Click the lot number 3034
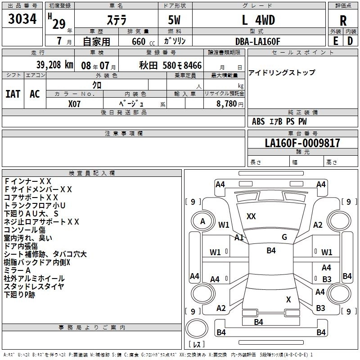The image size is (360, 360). pos(22,20)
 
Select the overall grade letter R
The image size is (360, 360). pos(343,21)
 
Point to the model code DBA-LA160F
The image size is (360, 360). pos(258,41)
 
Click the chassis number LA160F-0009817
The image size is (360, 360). pos(302,143)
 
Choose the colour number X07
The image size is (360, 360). pos(75,103)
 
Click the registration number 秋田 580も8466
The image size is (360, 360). pos(171,65)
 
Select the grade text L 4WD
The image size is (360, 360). pos(258,20)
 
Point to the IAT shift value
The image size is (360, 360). pos(13,94)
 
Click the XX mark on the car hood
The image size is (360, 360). pos(251,216)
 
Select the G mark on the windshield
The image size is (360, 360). pos(284,237)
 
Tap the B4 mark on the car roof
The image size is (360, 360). pos(271,251)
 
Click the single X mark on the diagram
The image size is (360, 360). pos(288,299)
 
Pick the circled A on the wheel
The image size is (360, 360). pos(202,221)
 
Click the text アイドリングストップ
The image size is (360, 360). pos(282,72)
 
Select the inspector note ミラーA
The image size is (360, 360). pos(17,270)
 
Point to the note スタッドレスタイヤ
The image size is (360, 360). pos(34,287)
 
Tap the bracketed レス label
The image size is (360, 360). pos(197,344)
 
